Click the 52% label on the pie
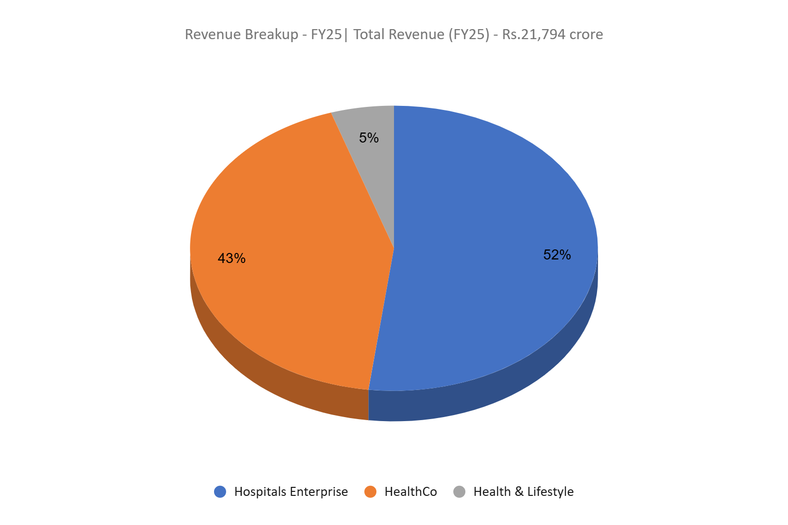(x=557, y=255)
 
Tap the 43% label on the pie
(x=232, y=258)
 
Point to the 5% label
(x=369, y=138)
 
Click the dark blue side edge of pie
(x=503, y=397)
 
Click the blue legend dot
(x=220, y=491)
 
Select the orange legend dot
(x=370, y=491)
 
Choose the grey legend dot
(x=459, y=491)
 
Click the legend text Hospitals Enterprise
(x=291, y=491)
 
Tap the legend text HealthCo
(x=411, y=491)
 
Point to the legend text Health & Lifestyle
(x=523, y=491)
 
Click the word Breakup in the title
(x=271, y=35)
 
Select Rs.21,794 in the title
(x=534, y=35)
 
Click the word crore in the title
(x=586, y=35)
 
